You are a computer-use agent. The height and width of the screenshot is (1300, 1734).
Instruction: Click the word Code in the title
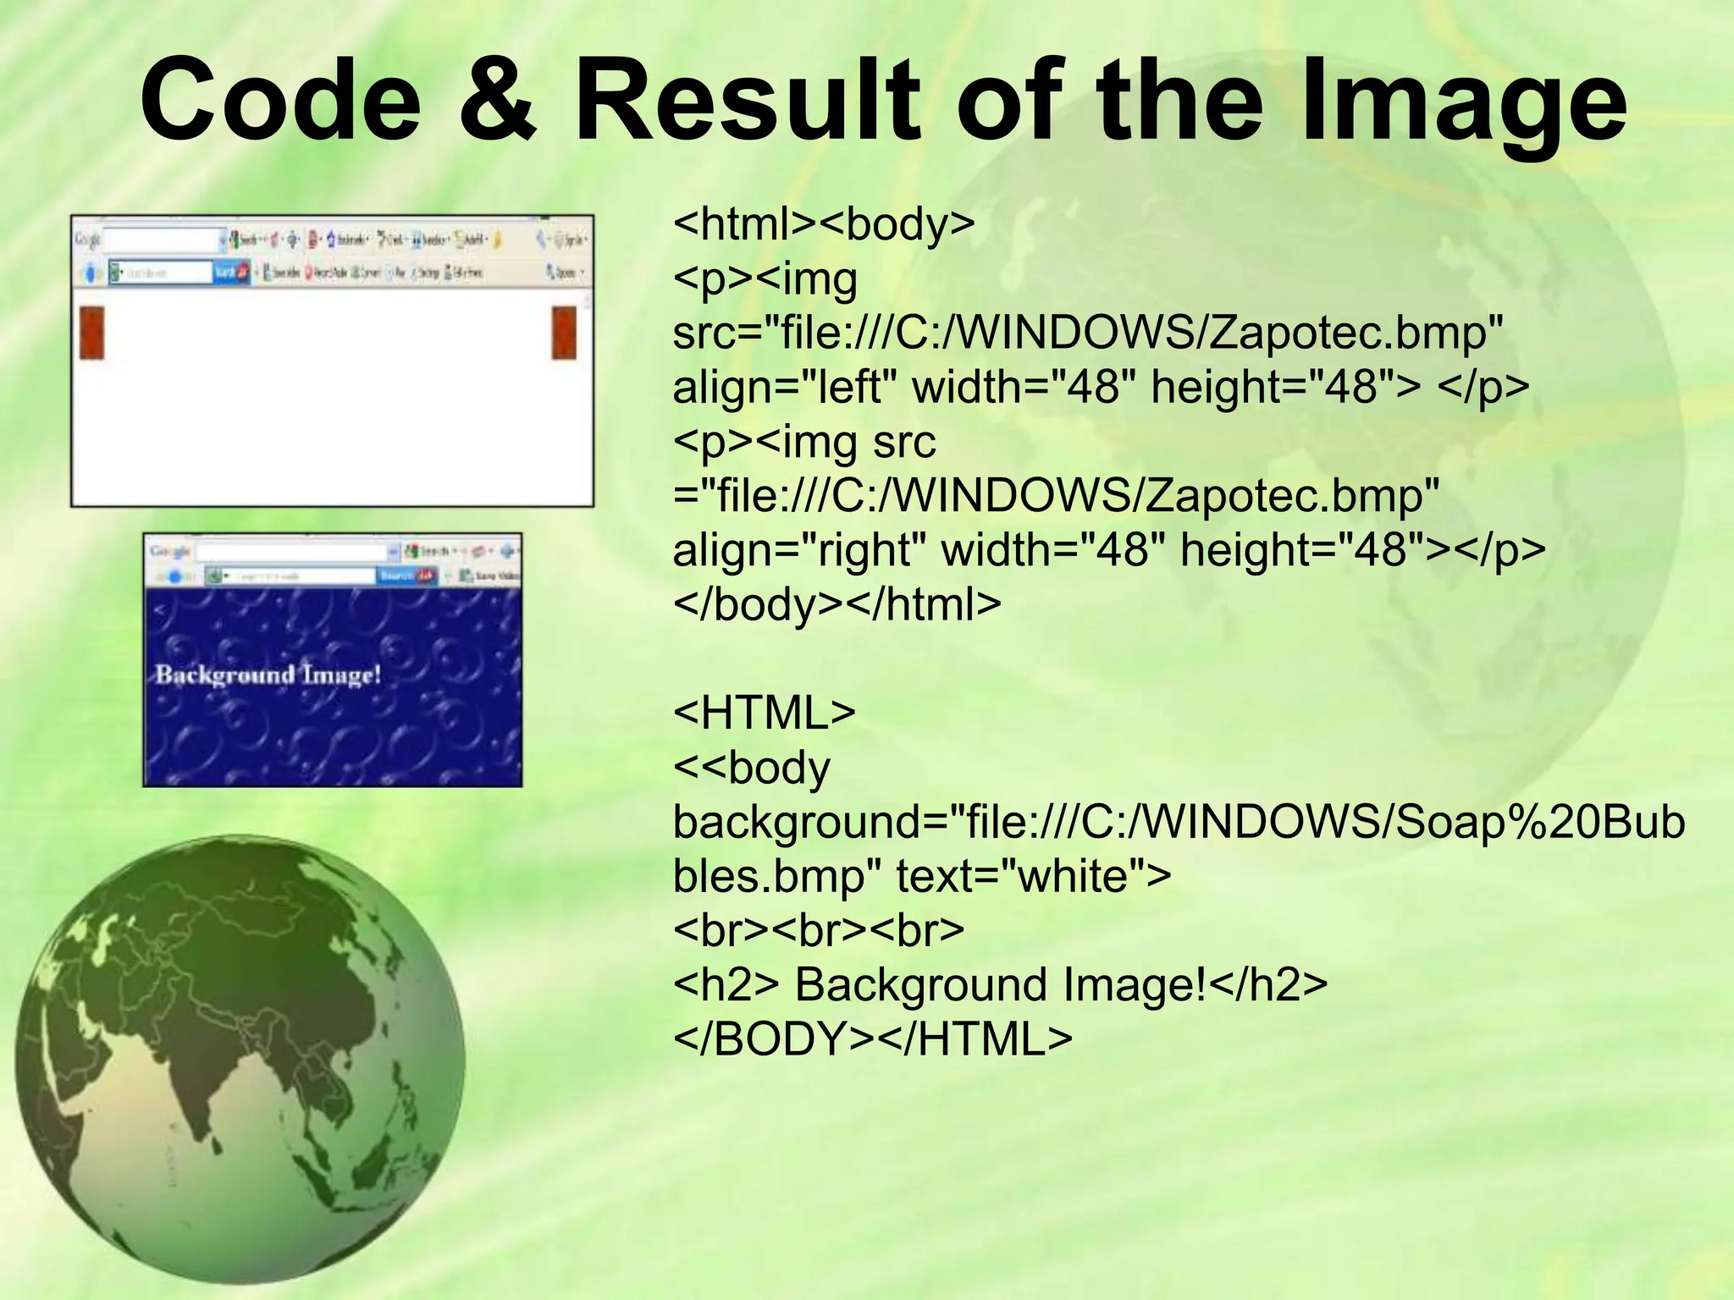pyautogui.click(x=280, y=99)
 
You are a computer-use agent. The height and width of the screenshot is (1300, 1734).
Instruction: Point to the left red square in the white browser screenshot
pyautogui.click(x=91, y=333)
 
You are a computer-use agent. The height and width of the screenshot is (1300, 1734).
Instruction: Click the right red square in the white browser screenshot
pyautogui.click(x=564, y=333)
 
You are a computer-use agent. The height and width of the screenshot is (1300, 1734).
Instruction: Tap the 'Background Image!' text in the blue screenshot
pyautogui.click(x=268, y=675)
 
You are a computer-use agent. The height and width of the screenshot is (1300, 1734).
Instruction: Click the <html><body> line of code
pyautogui.click(x=824, y=224)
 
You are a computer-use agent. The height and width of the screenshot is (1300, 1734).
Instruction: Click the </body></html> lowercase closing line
pyautogui.click(x=837, y=604)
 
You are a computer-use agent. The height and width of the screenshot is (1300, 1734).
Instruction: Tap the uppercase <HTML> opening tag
pyautogui.click(x=764, y=713)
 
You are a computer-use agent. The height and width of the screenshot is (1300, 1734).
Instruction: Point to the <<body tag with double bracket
pyautogui.click(x=751, y=768)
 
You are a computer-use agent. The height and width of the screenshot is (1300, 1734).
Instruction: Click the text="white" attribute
pyautogui.click(x=1033, y=876)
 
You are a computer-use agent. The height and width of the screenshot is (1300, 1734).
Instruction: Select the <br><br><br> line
pyautogui.click(x=818, y=930)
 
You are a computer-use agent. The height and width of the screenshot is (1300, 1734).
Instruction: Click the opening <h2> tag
pyautogui.click(x=726, y=985)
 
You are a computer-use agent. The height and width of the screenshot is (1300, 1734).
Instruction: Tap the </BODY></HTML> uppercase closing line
pyautogui.click(x=872, y=1039)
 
